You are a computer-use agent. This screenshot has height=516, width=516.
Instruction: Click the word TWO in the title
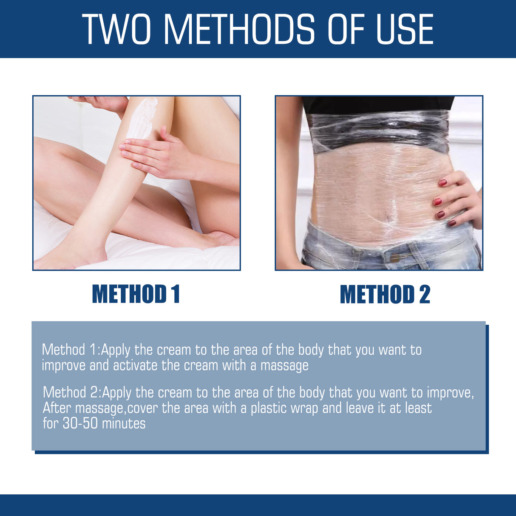[x=116, y=29]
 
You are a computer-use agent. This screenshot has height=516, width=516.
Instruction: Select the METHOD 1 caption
[x=136, y=294]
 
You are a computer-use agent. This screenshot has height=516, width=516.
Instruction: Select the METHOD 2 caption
[x=385, y=294]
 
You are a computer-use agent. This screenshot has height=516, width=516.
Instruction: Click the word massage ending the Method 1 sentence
[x=284, y=366]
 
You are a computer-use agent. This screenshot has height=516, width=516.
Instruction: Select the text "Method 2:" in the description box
[x=71, y=392]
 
